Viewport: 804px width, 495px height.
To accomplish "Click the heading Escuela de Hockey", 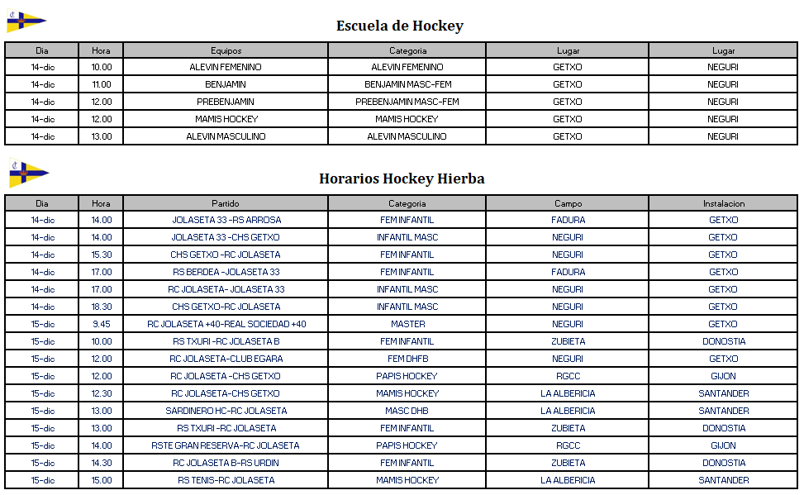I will point(399,26).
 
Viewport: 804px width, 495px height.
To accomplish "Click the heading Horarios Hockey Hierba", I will point(402,178).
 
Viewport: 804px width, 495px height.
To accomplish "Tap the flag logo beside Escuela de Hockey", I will point(26,21).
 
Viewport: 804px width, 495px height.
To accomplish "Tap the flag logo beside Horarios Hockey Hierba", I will point(28,173).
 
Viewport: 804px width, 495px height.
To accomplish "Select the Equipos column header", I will point(226,50).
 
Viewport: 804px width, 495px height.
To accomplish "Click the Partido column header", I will point(226,203).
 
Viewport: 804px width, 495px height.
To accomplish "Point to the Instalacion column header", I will point(723,203).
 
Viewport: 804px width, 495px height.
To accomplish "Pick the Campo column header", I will point(568,203).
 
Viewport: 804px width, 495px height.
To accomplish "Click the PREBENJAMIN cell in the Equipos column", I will point(226,102).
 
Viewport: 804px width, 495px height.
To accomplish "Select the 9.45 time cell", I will point(101,324).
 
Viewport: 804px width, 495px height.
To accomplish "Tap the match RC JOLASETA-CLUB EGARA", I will point(226,359).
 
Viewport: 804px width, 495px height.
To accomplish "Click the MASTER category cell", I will point(407,324).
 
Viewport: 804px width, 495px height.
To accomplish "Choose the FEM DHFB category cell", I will point(407,359).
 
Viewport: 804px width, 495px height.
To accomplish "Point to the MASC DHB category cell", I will point(407,411).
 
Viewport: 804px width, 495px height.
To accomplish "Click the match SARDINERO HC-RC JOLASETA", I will point(226,411).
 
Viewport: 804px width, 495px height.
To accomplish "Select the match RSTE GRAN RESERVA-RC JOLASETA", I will point(226,445).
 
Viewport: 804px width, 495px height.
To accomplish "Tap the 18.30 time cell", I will point(101,307).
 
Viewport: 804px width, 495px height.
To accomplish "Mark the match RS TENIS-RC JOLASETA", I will point(226,480).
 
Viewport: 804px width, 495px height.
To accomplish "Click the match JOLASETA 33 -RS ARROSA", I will point(226,220).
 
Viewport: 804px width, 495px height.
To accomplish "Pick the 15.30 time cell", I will point(101,255).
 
